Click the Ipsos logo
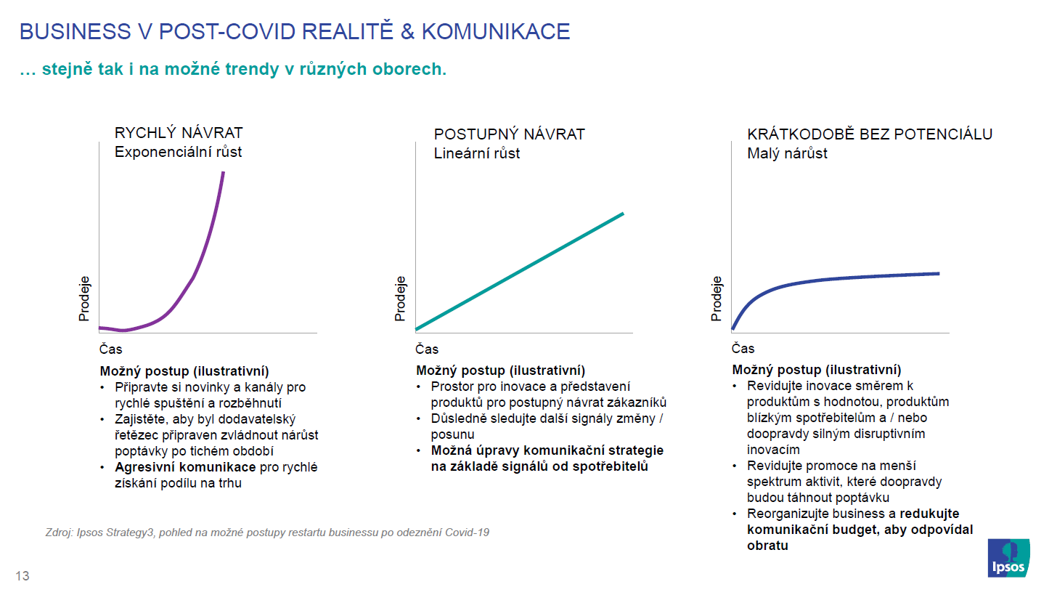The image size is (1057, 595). (1008, 558)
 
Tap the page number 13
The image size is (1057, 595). (23, 575)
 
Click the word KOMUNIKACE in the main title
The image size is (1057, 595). (495, 32)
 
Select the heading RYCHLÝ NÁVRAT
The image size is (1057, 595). (179, 133)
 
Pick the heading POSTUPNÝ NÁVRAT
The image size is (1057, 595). (509, 134)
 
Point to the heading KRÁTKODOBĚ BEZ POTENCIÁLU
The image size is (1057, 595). (870, 134)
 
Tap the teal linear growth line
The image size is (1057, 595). (520, 272)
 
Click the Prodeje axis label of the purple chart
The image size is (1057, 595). (83, 299)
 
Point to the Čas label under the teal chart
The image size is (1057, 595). (427, 349)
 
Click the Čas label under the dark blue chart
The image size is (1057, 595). (743, 349)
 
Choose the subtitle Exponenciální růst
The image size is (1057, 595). (178, 152)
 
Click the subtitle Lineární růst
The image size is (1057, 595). (476, 153)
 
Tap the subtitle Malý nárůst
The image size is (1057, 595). (787, 153)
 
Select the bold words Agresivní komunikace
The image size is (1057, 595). (185, 467)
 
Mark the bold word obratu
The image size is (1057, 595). (767, 546)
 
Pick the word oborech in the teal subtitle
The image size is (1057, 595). (409, 69)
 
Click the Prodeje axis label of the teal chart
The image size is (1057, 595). (400, 299)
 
